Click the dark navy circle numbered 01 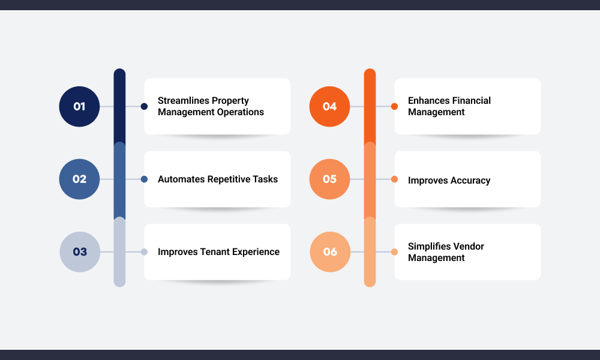(79, 106)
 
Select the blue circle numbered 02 (79, 179)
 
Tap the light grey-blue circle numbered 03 (80, 252)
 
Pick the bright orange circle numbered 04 (329, 106)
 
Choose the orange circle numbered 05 (329, 179)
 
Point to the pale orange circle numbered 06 (330, 252)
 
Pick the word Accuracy (470, 181)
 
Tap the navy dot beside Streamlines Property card (144, 106)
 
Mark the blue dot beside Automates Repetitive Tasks (144, 179)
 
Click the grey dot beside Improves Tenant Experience (144, 252)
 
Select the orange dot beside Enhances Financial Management (395, 106)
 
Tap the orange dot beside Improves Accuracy (395, 179)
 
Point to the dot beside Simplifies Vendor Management (395, 252)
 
